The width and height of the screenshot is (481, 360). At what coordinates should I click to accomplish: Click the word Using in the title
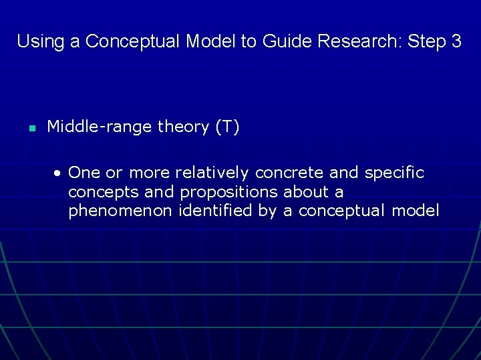pyautogui.click(x=40, y=41)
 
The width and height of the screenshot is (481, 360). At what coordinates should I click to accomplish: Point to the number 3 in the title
pyautogui.click(x=456, y=41)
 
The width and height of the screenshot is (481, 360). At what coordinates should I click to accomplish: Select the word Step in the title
pyautogui.click(x=426, y=41)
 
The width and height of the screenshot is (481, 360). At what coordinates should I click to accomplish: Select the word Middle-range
pyautogui.click(x=100, y=127)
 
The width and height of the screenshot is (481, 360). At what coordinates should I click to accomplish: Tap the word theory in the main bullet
pyautogui.click(x=183, y=127)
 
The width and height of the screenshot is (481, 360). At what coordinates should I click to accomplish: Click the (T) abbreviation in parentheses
pyautogui.click(x=227, y=127)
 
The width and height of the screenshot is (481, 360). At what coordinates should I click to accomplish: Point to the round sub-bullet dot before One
pyautogui.click(x=59, y=173)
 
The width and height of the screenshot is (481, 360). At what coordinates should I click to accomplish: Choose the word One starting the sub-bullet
pyautogui.click(x=84, y=173)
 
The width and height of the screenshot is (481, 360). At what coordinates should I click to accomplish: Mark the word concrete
pyautogui.click(x=290, y=173)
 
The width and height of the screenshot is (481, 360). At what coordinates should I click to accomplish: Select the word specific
pyautogui.click(x=394, y=173)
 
